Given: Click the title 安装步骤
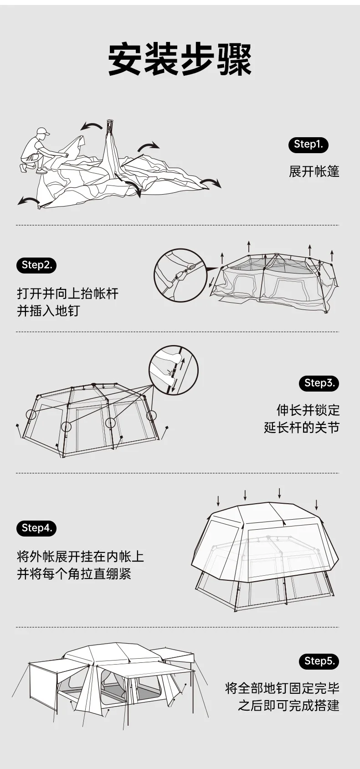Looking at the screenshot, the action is pos(180,60).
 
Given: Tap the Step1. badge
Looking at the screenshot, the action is pos(308,145).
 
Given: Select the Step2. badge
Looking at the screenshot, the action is pos(36,265).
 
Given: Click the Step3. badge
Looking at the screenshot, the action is pos(319,383).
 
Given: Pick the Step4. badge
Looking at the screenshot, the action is pos(36,528).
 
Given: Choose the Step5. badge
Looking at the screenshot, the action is pos(319,661).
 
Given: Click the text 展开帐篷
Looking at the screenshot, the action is pos(314,171).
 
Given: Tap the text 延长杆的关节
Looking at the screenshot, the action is pos(302,428).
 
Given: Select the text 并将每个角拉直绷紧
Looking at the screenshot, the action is pos(74,573).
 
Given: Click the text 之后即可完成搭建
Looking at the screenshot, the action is pos(288,706).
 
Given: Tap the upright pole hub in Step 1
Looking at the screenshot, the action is pos(109,124).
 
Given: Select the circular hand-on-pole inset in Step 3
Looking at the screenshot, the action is pos(174,370).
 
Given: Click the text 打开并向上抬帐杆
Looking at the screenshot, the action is pos(67,293).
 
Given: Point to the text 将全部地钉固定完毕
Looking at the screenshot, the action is pos(282,688).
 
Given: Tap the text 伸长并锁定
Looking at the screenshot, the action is pos(308,410).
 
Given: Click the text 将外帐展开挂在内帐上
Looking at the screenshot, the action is pos(80,556).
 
